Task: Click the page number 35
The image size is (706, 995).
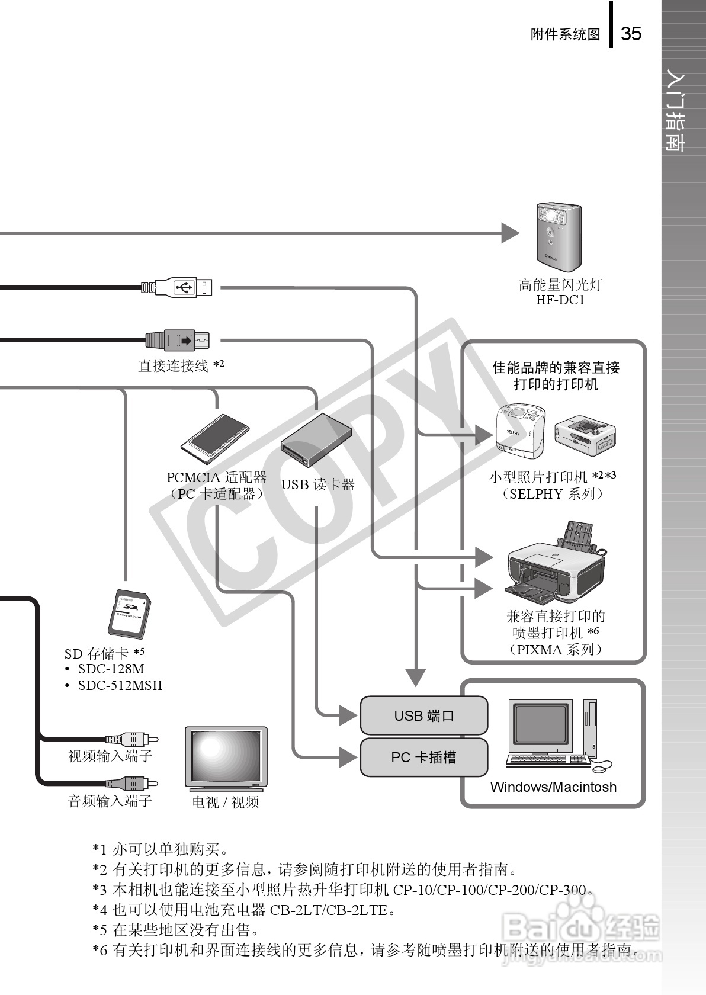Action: (x=631, y=34)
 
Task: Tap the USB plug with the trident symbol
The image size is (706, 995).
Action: (x=183, y=288)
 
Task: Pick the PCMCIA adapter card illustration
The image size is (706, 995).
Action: (x=215, y=439)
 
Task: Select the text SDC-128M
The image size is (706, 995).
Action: (x=111, y=669)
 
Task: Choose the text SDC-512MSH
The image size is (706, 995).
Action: (x=120, y=686)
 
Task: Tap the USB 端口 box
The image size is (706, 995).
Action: (x=424, y=716)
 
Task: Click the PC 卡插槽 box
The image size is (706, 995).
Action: (x=424, y=758)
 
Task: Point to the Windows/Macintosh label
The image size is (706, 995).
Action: (x=553, y=787)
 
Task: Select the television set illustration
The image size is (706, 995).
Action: (x=226, y=759)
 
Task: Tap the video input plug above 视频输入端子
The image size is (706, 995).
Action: (x=131, y=739)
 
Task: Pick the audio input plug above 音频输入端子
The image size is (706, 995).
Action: (x=131, y=784)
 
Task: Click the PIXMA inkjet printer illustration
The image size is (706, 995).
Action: (x=556, y=563)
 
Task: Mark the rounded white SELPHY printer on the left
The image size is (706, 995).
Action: (x=519, y=431)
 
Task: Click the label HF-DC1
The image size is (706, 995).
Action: (x=560, y=300)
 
